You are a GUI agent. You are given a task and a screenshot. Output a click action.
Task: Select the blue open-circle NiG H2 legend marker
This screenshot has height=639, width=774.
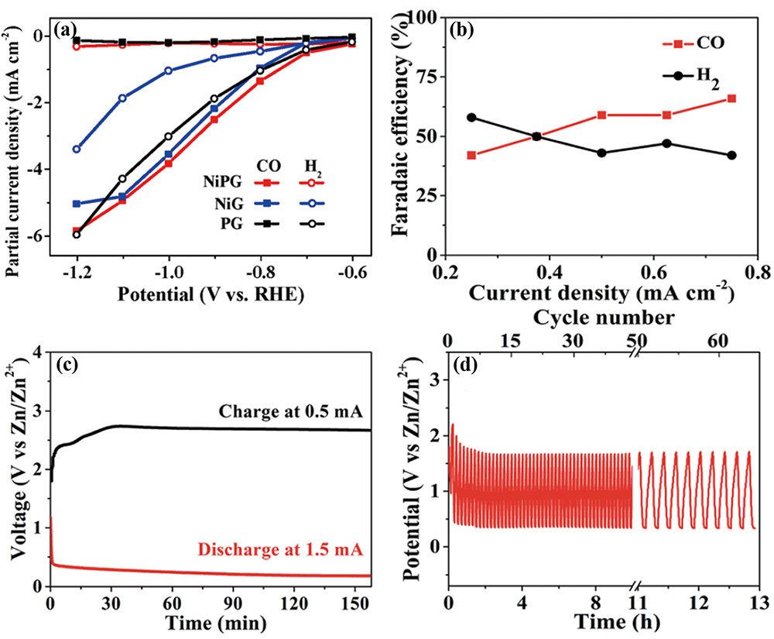pyautogui.click(x=310, y=203)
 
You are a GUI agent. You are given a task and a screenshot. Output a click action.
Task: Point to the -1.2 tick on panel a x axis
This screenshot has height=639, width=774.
pyautogui.click(x=76, y=274)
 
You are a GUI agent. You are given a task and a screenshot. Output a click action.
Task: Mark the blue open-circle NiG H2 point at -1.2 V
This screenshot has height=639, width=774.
pyautogui.click(x=76, y=149)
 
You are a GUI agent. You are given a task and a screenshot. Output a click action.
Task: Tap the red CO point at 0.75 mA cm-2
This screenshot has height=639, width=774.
pyautogui.click(x=731, y=98)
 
